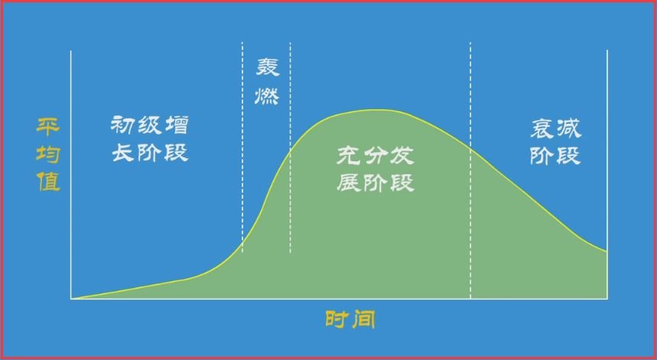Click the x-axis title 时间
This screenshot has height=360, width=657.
pos(350,319)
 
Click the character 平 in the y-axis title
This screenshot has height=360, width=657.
pos(48,125)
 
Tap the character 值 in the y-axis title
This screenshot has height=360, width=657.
pos(48,183)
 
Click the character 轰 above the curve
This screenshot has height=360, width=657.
pos(267,67)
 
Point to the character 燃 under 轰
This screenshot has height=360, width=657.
pos(267,97)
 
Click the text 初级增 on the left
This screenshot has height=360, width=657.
pos(150,125)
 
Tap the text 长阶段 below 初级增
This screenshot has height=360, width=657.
pos(150,154)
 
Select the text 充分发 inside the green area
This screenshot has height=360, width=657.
pos(376,157)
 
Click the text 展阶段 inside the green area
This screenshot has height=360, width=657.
pos(376,183)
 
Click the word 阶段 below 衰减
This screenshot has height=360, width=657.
pos(555,156)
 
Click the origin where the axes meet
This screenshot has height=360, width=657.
pos(71,298)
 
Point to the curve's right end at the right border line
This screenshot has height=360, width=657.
pos(607,251)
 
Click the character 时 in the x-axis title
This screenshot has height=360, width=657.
pos(337,319)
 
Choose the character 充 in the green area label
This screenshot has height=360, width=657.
pos(350,157)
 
